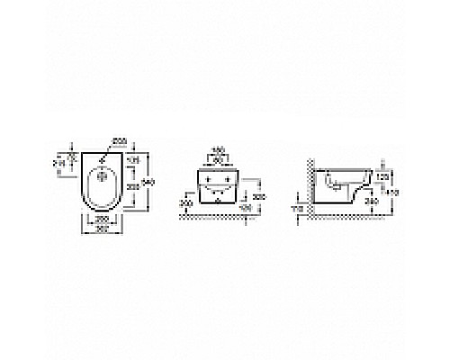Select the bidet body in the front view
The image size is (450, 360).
pos(219,184)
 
